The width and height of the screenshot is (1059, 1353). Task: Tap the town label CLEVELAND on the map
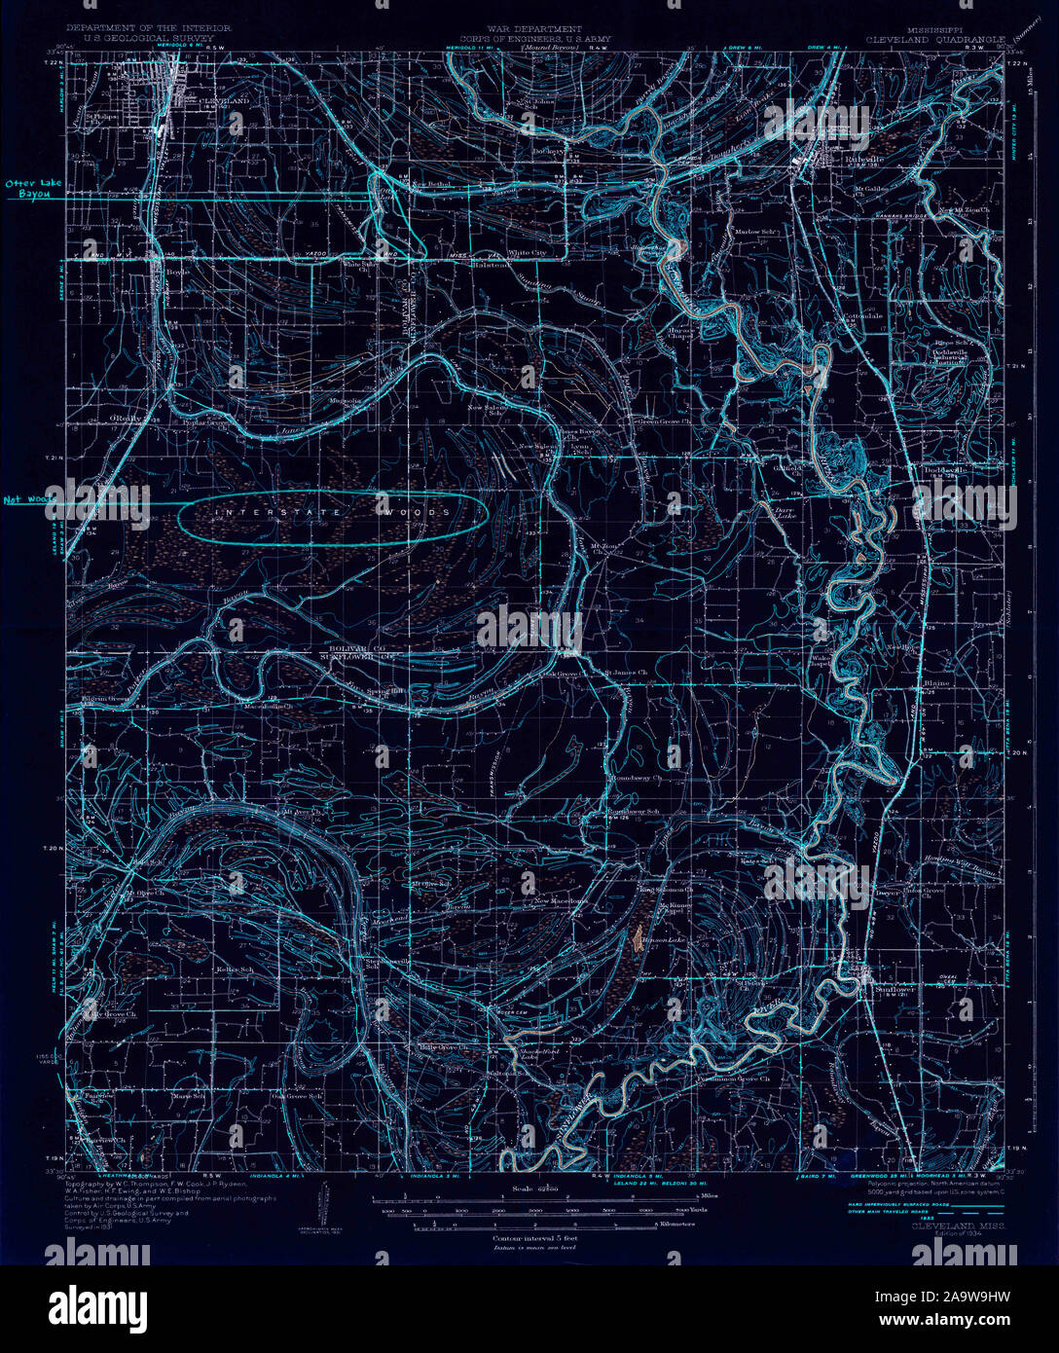224,101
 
